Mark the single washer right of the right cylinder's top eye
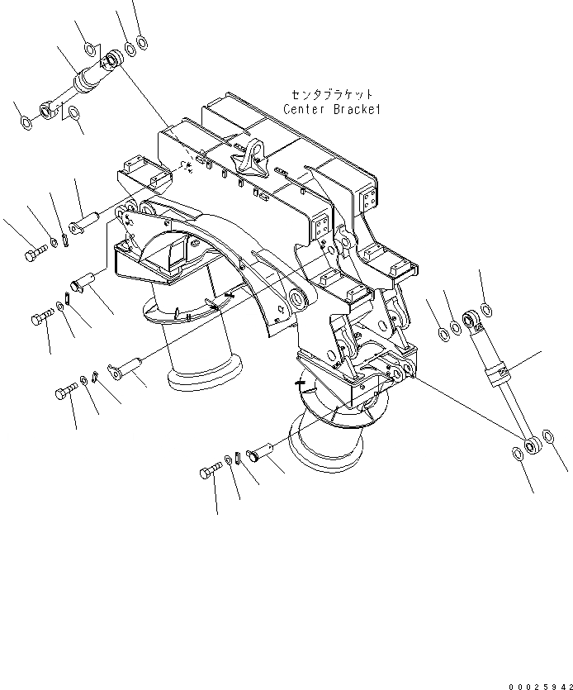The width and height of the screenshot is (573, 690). click(486, 311)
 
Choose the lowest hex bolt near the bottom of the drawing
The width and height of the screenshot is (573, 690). click(207, 473)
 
